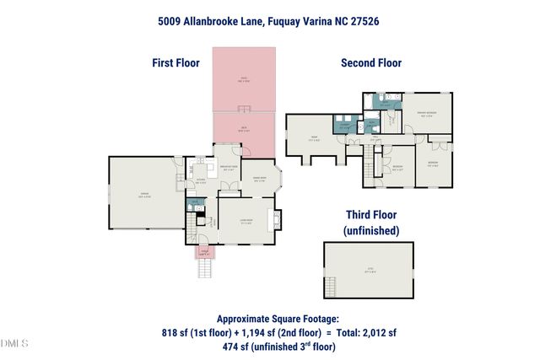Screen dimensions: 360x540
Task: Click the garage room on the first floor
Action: coord(145,193)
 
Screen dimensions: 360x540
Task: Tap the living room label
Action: coord(245,222)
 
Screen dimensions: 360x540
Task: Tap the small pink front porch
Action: coord(203,251)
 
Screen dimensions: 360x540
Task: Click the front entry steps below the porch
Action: coord(203,269)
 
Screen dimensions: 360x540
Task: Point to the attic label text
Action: coord(369,271)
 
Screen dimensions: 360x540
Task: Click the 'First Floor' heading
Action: coord(175,62)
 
